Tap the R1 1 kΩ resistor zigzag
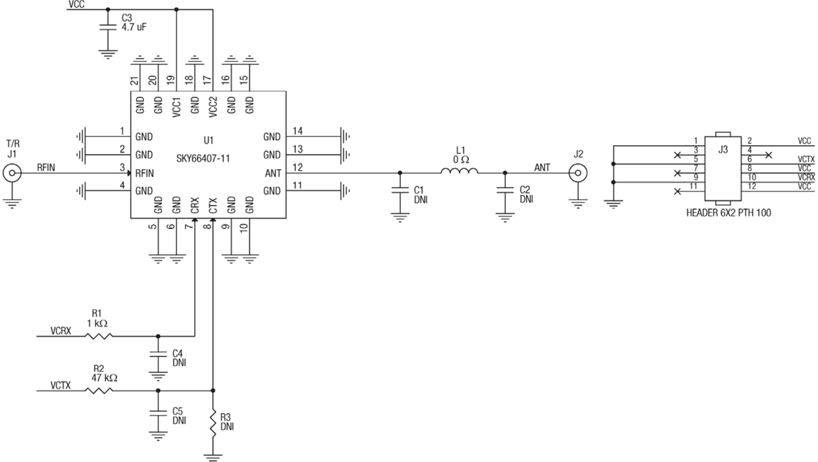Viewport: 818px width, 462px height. click(x=98, y=335)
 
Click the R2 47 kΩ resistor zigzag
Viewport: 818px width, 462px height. click(x=98, y=390)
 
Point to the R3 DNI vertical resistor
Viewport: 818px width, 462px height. click(x=213, y=424)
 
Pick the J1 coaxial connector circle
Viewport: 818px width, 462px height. click(x=12, y=173)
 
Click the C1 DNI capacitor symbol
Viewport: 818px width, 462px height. click(x=399, y=191)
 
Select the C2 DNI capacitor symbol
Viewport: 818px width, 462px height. click(x=504, y=191)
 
